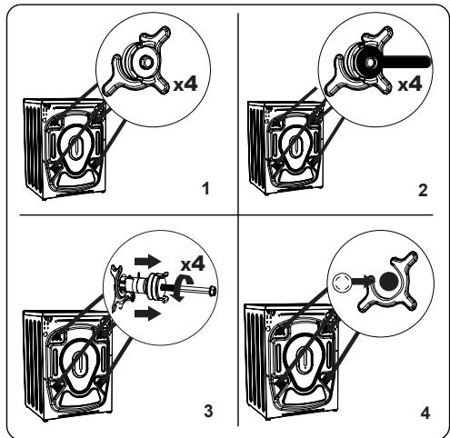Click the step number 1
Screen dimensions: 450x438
(206, 188)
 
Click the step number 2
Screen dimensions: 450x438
(423, 190)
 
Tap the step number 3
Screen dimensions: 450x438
(208, 411)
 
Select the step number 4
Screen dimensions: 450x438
(425, 413)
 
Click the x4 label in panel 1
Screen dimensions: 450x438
(185, 84)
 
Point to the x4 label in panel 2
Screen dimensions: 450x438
(410, 84)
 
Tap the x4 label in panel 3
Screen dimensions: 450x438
(193, 264)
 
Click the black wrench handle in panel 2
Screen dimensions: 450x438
(406, 62)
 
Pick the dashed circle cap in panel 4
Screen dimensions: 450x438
(341, 282)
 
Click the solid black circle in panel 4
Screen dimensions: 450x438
(389, 282)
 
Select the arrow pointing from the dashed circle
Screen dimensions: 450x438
(361, 280)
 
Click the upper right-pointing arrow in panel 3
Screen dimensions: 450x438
(148, 261)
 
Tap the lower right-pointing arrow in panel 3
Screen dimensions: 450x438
(148, 314)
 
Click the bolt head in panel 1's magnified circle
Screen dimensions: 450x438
(146, 62)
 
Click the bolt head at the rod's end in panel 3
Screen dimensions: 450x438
(213, 291)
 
